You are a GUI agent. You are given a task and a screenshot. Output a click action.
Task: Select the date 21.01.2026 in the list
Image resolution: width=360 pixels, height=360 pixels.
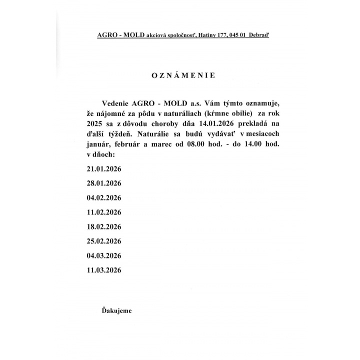(x=104, y=169)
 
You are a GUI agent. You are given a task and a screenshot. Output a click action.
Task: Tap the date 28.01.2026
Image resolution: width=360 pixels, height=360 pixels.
(x=104, y=183)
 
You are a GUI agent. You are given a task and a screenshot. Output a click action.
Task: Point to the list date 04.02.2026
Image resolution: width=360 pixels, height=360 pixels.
(x=104, y=198)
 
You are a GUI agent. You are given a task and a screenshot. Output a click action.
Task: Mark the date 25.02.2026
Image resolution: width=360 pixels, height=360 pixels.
(x=104, y=241)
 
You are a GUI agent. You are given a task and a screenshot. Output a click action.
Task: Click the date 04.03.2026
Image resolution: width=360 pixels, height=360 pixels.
(x=104, y=255)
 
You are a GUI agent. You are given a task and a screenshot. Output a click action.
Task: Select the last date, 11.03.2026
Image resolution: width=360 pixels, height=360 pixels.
(x=104, y=270)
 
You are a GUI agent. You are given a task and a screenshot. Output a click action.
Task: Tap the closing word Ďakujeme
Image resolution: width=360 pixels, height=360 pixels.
(x=116, y=311)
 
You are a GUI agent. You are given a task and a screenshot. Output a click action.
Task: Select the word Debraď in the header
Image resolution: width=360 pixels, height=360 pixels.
(x=257, y=36)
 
